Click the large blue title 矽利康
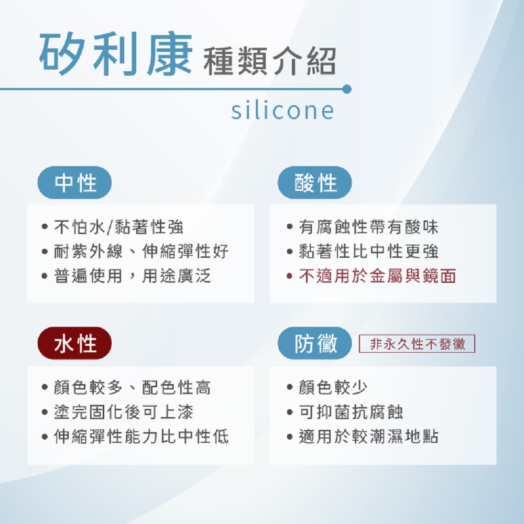(x=116, y=54)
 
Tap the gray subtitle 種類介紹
(x=270, y=61)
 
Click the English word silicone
(x=282, y=110)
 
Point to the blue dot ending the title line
(x=347, y=89)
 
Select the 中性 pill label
(x=74, y=183)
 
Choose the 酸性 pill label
(x=315, y=183)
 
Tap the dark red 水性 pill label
(x=74, y=343)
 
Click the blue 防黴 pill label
(x=315, y=343)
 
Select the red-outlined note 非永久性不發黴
(x=417, y=344)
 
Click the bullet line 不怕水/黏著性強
(x=118, y=227)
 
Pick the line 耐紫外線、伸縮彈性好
(x=141, y=252)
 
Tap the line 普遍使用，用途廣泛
(x=133, y=276)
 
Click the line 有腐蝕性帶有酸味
(x=368, y=227)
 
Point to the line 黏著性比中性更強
(x=368, y=252)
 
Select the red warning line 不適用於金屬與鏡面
(x=377, y=276)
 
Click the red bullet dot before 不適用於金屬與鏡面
(x=289, y=276)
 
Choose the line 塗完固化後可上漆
(x=123, y=412)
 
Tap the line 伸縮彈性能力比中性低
(x=141, y=436)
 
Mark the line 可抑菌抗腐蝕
(x=351, y=412)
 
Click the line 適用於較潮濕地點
(x=368, y=436)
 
